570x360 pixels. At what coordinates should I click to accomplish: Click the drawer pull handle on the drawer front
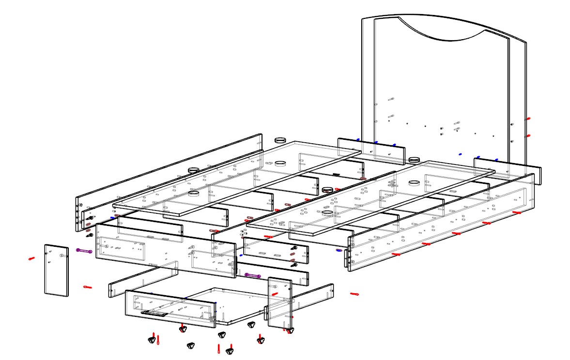(x=154, y=313)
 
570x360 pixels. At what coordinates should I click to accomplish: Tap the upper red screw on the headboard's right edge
(x=528, y=118)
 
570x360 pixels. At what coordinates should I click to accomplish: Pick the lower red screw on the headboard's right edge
(x=528, y=136)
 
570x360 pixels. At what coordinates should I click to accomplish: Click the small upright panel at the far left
(x=56, y=270)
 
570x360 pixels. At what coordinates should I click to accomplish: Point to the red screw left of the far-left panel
(x=32, y=258)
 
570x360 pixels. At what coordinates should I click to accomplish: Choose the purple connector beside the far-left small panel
(x=84, y=251)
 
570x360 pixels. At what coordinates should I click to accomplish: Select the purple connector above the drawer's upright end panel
(x=253, y=275)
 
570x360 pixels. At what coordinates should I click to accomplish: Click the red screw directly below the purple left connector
(x=87, y=287)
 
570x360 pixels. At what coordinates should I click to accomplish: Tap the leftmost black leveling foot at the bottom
(x=152, y=341)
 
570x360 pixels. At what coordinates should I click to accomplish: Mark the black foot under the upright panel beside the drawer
(x=290, y=331)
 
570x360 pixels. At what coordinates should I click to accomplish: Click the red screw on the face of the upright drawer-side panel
(x=275, y=294)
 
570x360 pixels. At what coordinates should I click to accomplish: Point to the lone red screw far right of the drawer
(x=354, y=294)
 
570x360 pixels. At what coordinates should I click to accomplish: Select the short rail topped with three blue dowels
(x=370, y=151)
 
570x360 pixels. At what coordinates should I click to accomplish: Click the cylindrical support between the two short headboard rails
(x=413, y=160)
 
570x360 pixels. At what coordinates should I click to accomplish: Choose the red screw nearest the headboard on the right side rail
(x=517, y=212)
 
